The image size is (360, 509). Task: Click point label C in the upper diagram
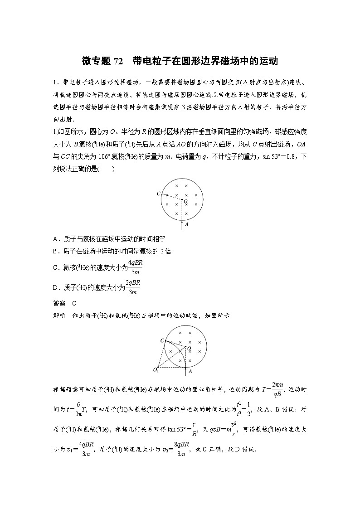(x=158, y=194)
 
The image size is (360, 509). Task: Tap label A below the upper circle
(x=187, y=224)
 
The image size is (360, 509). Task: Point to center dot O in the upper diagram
(x=182, y=199)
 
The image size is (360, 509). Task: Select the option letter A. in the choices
(x=56, y=239)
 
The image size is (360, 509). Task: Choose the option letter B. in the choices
(x=56, y=251)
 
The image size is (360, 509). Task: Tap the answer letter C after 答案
(x=74, y=304)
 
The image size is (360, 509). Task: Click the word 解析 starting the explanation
(x=59, y=315)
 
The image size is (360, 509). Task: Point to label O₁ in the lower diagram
(x=156, y=371)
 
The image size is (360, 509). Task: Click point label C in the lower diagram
(x=162, y=340)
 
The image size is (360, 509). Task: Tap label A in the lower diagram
(x=190, y=371)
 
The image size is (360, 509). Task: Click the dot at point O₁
(x=158, y=367)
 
